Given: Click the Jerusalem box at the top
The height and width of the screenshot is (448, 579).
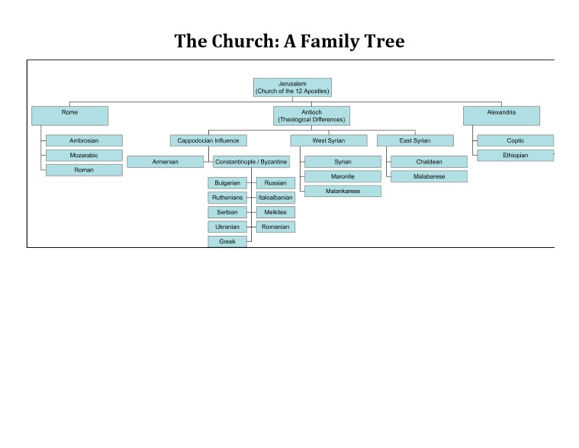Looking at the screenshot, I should pos(293,87).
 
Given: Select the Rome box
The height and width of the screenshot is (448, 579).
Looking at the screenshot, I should pos(69,115).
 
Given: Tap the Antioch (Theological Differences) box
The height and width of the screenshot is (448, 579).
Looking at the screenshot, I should pos(311,115).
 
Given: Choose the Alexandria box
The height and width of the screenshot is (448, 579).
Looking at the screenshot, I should pos(501,115).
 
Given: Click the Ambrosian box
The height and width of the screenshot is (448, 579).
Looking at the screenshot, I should pos(84,140).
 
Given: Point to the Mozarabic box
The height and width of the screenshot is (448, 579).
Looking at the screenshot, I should pos(84,155).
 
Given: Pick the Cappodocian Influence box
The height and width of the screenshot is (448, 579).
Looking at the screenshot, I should pos(208,140).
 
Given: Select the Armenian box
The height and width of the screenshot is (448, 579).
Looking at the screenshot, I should pos(165,161).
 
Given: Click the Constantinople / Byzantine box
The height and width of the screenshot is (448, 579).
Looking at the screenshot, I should pos(251,161).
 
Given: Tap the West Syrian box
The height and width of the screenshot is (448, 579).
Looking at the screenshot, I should pos(329,140).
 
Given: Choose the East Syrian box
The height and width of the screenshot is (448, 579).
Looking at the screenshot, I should pos(415,140).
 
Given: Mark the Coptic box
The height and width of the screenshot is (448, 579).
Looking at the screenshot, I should pos(516,140).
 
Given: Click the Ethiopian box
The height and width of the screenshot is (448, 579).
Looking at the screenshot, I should pos(516,155).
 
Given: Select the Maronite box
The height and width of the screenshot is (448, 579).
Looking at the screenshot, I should pos(343,176).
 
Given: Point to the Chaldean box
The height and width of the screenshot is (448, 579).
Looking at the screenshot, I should pos(429,161).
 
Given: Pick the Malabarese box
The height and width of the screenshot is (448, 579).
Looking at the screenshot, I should pos(429,176).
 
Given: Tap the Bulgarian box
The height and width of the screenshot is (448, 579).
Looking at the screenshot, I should pos(227,183).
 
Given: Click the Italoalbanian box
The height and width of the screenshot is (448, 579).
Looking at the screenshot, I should pos(275,198).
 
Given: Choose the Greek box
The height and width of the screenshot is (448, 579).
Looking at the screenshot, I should pos(227,241).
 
